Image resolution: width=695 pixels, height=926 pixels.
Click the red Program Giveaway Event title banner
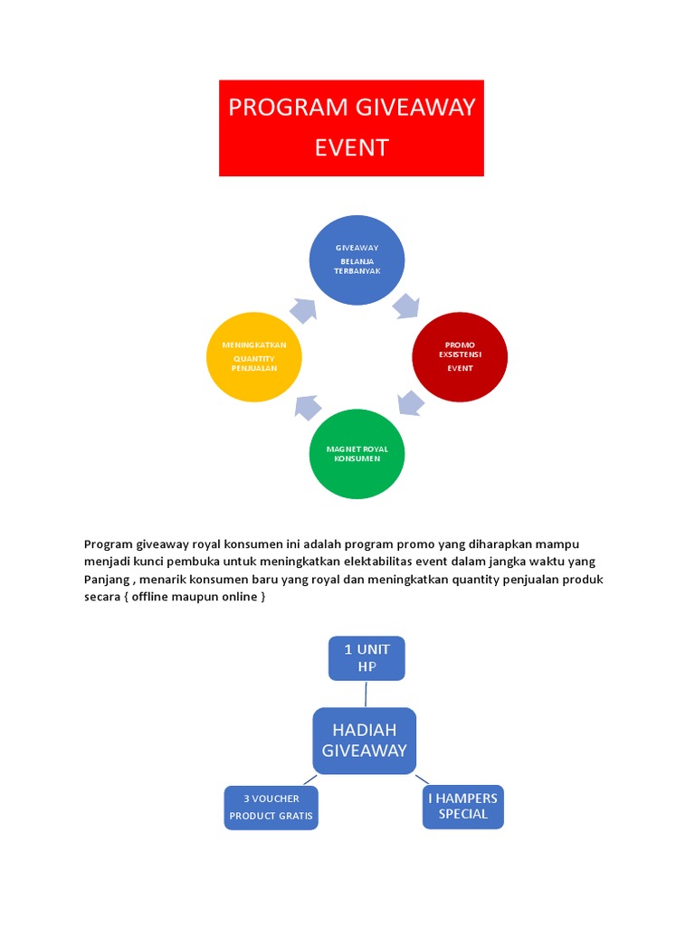(x=351, y=128)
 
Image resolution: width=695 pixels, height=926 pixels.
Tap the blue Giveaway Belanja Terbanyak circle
(x=357, y=260)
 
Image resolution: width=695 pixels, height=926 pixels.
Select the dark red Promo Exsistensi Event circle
(x=459, y=356)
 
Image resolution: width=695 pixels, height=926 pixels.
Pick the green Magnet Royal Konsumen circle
(x=357, y=453)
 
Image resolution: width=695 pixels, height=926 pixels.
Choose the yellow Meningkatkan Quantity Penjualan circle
(x=254, y=356)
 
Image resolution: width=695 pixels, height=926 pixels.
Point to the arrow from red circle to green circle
(x=411, y=402)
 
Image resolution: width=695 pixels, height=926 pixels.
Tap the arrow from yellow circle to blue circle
(x=303, y=309)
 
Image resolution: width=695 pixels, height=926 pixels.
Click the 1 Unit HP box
(x=366, y=657)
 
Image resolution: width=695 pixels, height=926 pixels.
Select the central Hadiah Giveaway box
(x=364, y=740)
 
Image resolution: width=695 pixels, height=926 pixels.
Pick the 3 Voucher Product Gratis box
(x=271, y=808)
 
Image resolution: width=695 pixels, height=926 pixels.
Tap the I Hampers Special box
(x=462, y=806)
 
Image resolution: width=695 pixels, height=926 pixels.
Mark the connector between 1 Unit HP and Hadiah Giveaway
(x=366, y=694)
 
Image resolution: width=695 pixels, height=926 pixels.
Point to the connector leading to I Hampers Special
(x=422, y=779)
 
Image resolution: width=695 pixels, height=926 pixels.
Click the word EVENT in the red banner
(x=351, y=147)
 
